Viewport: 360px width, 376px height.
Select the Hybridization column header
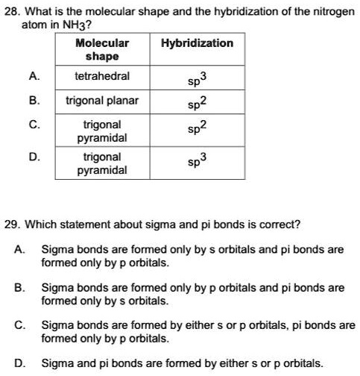[198, 43]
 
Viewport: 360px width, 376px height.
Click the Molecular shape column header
[102, 50]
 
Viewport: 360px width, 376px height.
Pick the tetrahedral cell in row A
[102, 76]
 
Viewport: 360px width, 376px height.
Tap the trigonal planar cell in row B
[102, 100]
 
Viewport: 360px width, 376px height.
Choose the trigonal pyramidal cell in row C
[102, 131]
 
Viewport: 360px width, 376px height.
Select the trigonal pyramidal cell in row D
[102, 163]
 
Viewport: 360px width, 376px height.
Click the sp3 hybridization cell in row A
[198, 79]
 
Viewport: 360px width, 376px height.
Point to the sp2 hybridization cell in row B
[198, 103]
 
